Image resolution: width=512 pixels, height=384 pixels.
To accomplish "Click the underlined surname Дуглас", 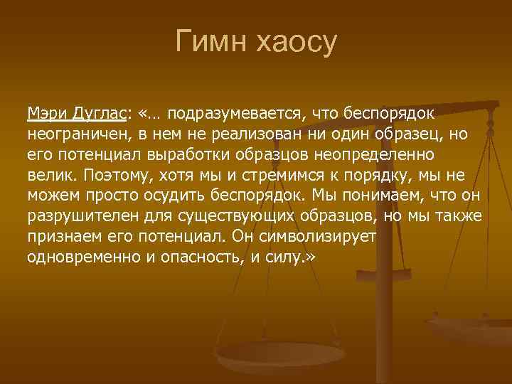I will pyautogui.click(x=100, y=113).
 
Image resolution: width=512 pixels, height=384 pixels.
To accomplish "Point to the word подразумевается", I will pyautogui.click(x=234, y=113).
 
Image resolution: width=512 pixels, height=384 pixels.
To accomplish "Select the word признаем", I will pyautogui.click(x=60, y=235).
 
